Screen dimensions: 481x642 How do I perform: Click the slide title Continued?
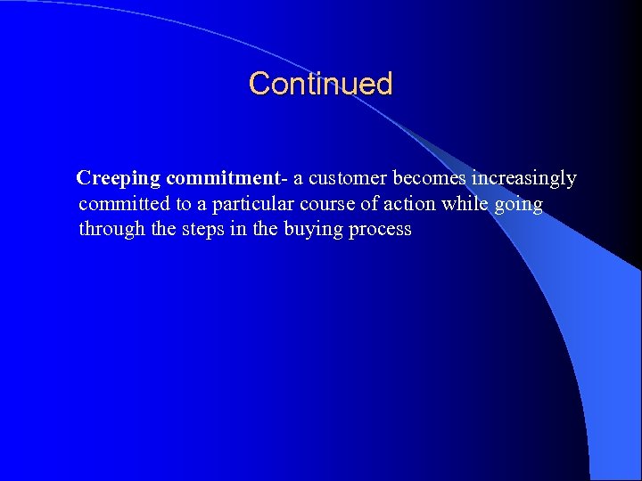[320, 84]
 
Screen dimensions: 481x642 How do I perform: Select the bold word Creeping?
[118, 179]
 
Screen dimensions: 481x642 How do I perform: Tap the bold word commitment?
[224, 178]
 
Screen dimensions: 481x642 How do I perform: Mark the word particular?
[254, 204]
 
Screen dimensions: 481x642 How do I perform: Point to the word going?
[518, 205]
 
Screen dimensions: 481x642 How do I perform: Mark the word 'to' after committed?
[183, 204]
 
